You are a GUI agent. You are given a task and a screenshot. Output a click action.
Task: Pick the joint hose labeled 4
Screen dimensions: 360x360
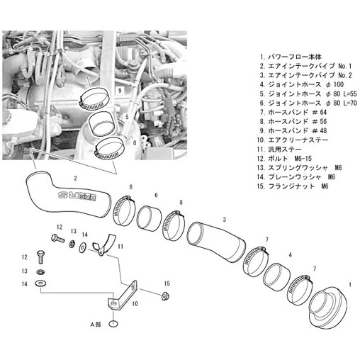click(276, 274)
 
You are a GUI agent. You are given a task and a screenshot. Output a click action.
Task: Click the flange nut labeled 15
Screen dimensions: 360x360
click(166, 296)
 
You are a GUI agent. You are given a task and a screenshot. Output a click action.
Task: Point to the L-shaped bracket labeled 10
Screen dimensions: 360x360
click(123, 296)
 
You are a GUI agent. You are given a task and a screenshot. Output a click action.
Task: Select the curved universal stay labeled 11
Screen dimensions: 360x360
click(104, 246)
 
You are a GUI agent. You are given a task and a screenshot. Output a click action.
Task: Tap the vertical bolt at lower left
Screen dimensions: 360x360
click(41, 257)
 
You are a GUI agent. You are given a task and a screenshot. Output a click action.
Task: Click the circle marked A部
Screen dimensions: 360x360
click(113, 324)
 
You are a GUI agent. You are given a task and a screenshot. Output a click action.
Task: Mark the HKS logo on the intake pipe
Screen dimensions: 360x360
click(77, 196)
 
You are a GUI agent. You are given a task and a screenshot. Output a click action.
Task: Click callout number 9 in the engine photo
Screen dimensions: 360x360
click(120, 91)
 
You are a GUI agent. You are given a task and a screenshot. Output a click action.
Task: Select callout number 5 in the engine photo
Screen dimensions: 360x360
click(127, 117)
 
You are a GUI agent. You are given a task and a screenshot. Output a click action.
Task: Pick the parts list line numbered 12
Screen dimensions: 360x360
click(284, 159)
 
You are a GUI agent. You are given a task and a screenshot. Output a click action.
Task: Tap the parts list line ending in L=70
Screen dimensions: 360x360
click(308, 103)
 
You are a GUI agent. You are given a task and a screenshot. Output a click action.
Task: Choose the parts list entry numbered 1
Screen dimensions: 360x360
click(291, 57)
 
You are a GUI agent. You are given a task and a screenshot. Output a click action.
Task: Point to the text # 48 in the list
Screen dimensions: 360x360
click(320, 131)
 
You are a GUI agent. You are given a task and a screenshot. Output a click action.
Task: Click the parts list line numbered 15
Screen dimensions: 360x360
click(293, 186)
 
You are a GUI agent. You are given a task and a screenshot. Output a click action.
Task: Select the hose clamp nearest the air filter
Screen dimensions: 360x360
click(300, 290)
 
